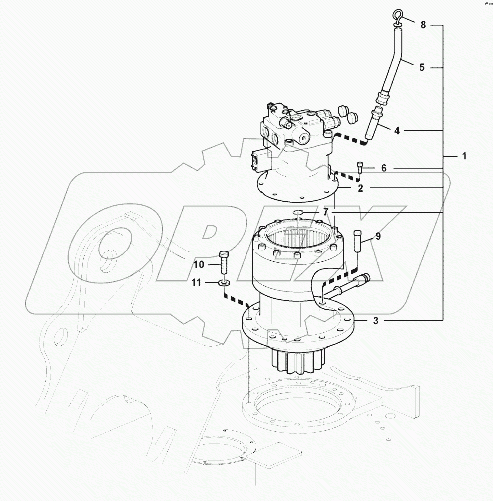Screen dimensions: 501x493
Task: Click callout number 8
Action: pos(423,25)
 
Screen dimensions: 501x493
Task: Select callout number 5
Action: pos(422,67)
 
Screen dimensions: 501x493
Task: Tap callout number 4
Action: pos(397,131)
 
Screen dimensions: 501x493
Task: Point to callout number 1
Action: pos(464,156)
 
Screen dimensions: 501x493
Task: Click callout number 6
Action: pos(384,168)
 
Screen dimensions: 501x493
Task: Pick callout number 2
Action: pos(359,188)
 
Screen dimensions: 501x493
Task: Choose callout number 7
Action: pos(325,212)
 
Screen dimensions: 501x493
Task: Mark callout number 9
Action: pos(378,236)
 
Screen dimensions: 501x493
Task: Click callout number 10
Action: pos(199,264)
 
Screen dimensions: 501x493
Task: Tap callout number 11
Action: pos(196,283)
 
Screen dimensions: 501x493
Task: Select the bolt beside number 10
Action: pos(223,261)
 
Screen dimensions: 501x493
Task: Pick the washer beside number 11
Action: pos(224,283)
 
